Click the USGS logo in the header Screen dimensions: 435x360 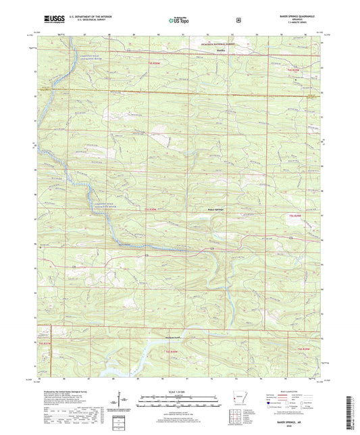pos(53,20)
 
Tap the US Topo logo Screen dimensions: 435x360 pos(180,20)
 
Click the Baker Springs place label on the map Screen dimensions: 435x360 pos(215,209)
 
